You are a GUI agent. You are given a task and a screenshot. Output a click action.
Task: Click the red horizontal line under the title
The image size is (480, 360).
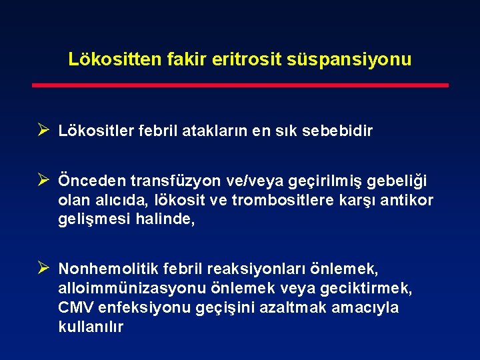point(240,85)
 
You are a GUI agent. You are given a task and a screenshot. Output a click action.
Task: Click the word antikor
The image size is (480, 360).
point(407,200)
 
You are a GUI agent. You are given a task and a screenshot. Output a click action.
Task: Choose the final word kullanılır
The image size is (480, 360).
point(91,327)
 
